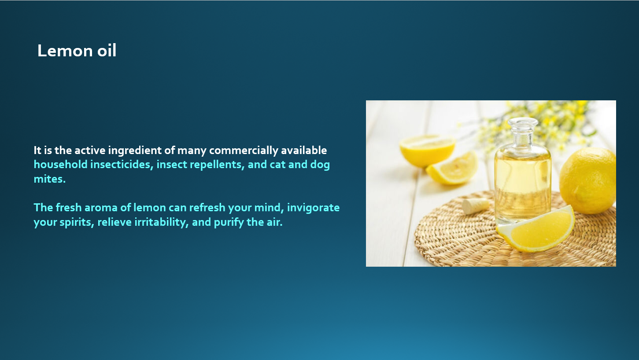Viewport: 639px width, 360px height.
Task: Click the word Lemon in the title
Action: click(65, 51)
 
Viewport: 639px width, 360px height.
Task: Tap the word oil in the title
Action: click(107, 50)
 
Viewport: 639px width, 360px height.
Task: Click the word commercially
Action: click(244, 151)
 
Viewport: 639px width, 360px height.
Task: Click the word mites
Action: click(50, 179)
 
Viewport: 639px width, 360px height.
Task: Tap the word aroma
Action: click(101, 207)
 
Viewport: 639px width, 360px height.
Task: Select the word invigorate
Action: click(313, 208)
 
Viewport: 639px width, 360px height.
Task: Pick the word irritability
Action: click(162, 222)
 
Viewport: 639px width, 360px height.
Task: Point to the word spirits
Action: click(77, 222)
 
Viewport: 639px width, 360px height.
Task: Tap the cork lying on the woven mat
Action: click(476, 206)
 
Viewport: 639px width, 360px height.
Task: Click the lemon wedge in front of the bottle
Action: click(536, 229)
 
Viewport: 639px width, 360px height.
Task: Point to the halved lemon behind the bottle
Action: click(427, 151)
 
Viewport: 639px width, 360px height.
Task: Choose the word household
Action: click(60, 165)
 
